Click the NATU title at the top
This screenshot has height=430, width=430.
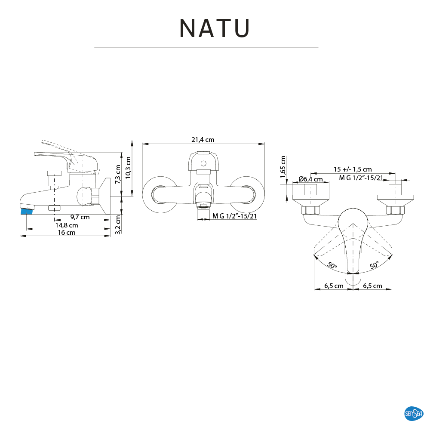click(x=215, y=28)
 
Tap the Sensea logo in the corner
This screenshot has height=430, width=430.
click(x=414, y=414)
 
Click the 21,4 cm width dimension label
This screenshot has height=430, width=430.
click(x=203, y=140)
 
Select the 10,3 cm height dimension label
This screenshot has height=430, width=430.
click(x=128, y=167)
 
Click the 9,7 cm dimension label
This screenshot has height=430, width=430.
click(x=80, y=217)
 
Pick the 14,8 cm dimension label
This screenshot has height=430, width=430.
click(x=67, y=225)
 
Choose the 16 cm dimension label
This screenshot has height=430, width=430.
click(x=67, y=233)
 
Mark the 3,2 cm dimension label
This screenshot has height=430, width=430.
click(x=118, y=224)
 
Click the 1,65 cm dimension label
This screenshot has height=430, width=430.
click(x=283, y=167)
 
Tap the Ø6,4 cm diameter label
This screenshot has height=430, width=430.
click(x=310, y=179)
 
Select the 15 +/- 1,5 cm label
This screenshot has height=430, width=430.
click(x=353, y=169)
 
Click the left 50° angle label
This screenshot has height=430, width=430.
click(x=332, y=265)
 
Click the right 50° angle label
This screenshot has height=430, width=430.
click(x=374, y=265)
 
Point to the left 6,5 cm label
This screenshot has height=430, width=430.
click(x=334, y=286)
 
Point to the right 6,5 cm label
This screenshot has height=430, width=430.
click(x=372, y=286)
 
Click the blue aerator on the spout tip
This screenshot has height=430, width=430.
click(x=27, y=211)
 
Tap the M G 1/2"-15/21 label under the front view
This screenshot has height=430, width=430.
click(x=234, y=216)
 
